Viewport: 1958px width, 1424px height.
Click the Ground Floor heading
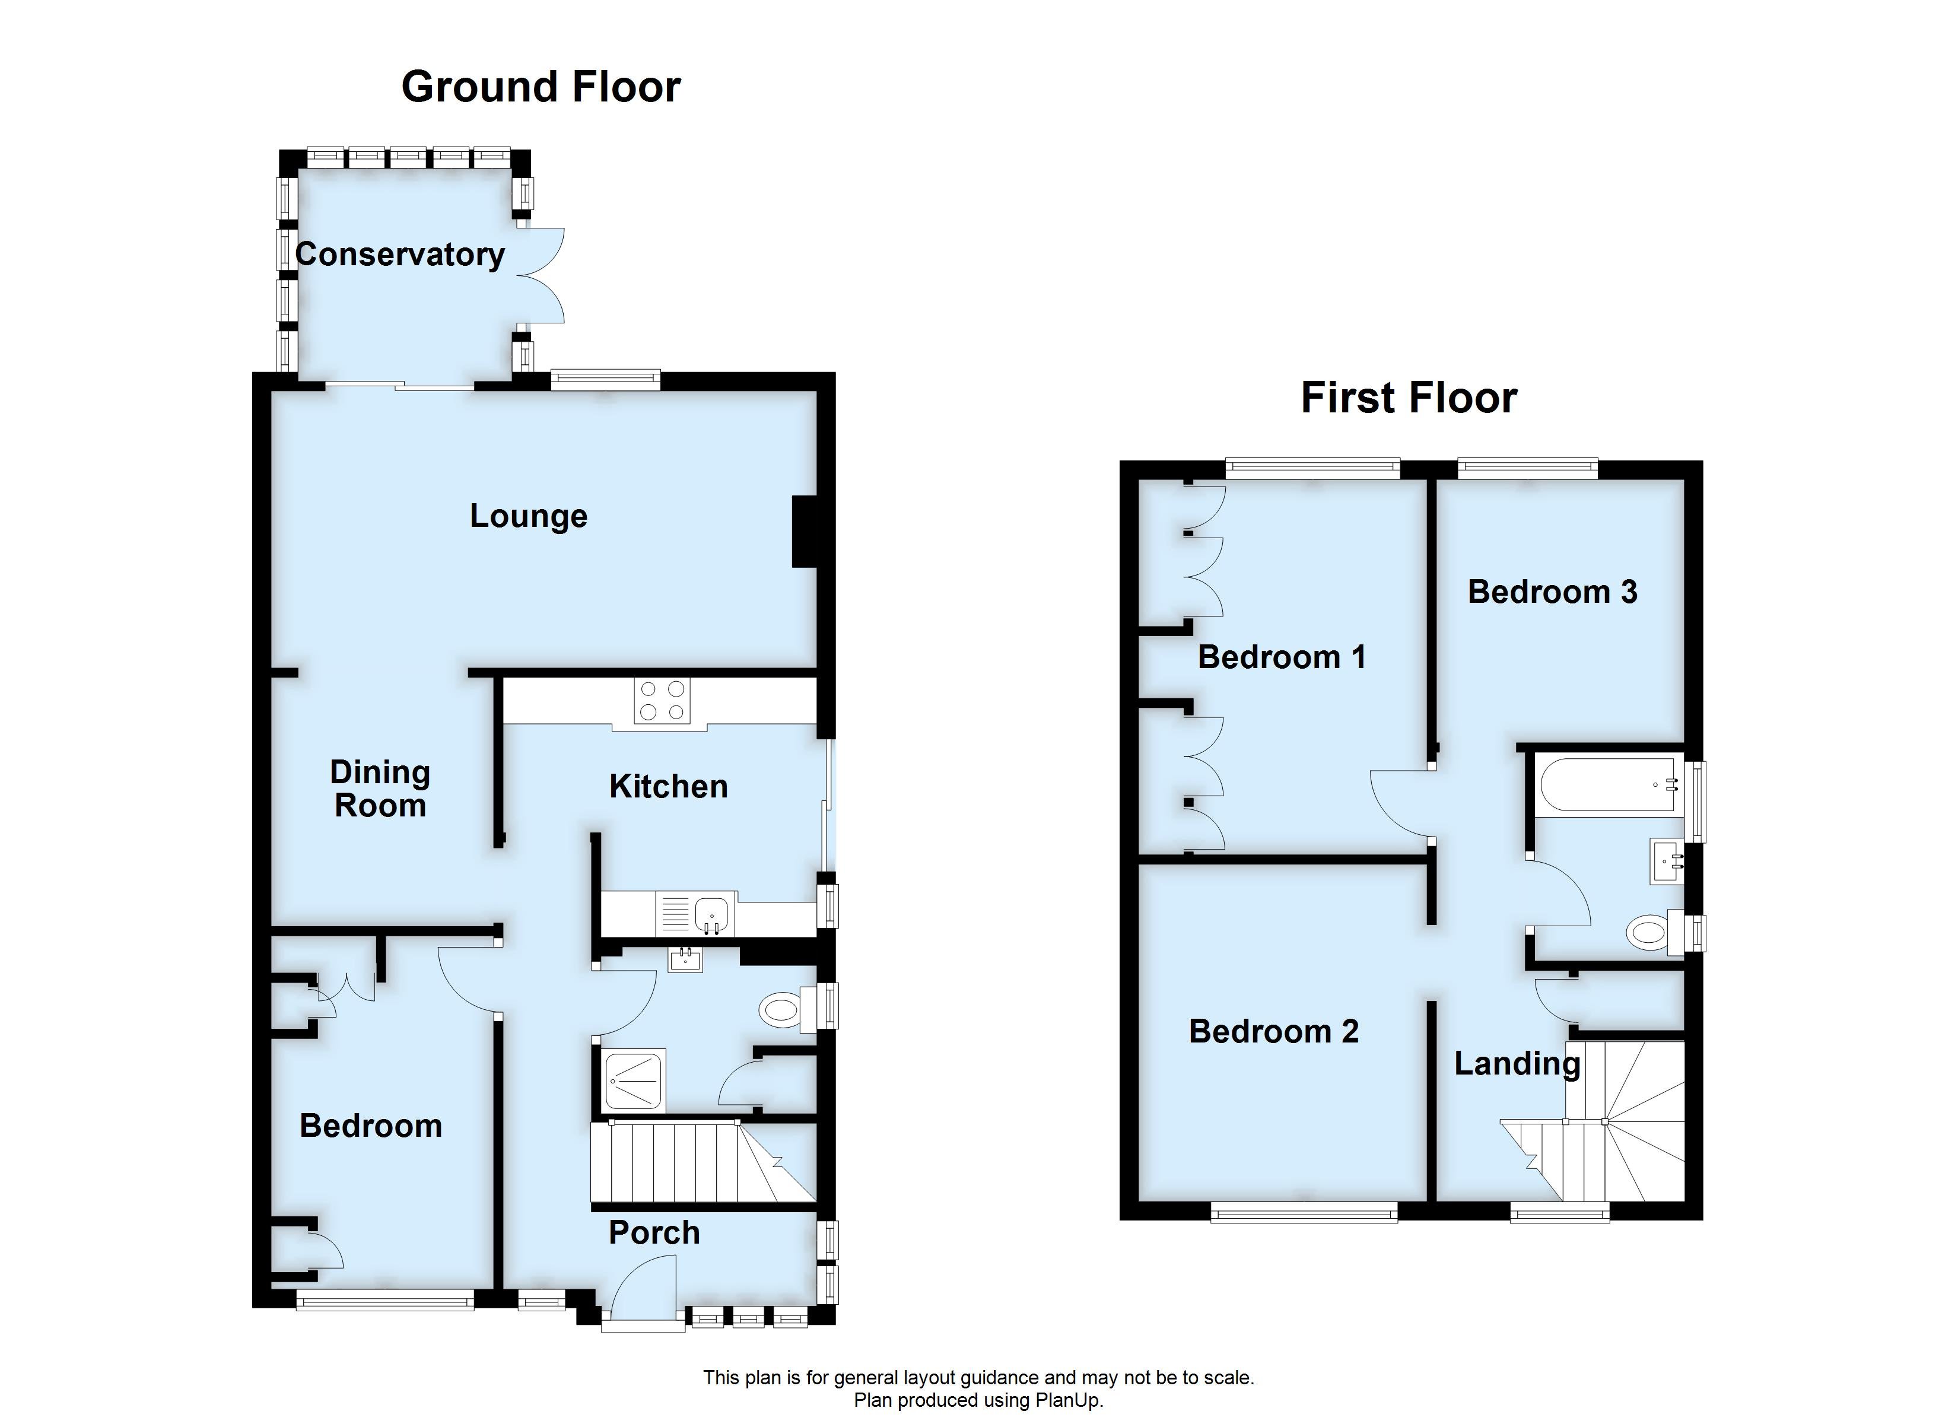541,87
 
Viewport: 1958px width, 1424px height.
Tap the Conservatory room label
400,255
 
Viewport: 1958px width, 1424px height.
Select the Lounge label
528,516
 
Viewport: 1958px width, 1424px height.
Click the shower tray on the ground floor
634,1079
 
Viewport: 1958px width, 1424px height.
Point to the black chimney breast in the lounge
805,531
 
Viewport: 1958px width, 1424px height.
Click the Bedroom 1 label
1281,657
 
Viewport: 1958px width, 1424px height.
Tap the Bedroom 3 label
1552,592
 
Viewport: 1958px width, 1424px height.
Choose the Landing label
1516,1064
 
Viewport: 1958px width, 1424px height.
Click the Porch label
653,1232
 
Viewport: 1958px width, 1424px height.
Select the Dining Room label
380,789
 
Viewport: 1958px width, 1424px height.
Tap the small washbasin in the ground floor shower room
685,959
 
